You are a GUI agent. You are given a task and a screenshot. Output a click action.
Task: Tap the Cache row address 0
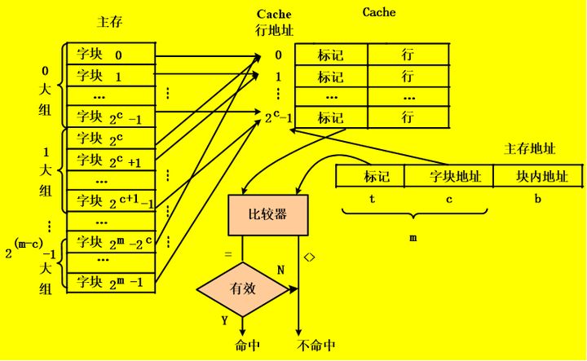(x=279, y=55)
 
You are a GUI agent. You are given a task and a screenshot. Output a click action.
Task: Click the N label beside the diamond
(x=280, y=268)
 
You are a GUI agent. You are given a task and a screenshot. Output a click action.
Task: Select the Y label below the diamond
(x=224, y=321)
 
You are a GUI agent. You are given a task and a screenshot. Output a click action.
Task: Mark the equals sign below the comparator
(x=228, y=255)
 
